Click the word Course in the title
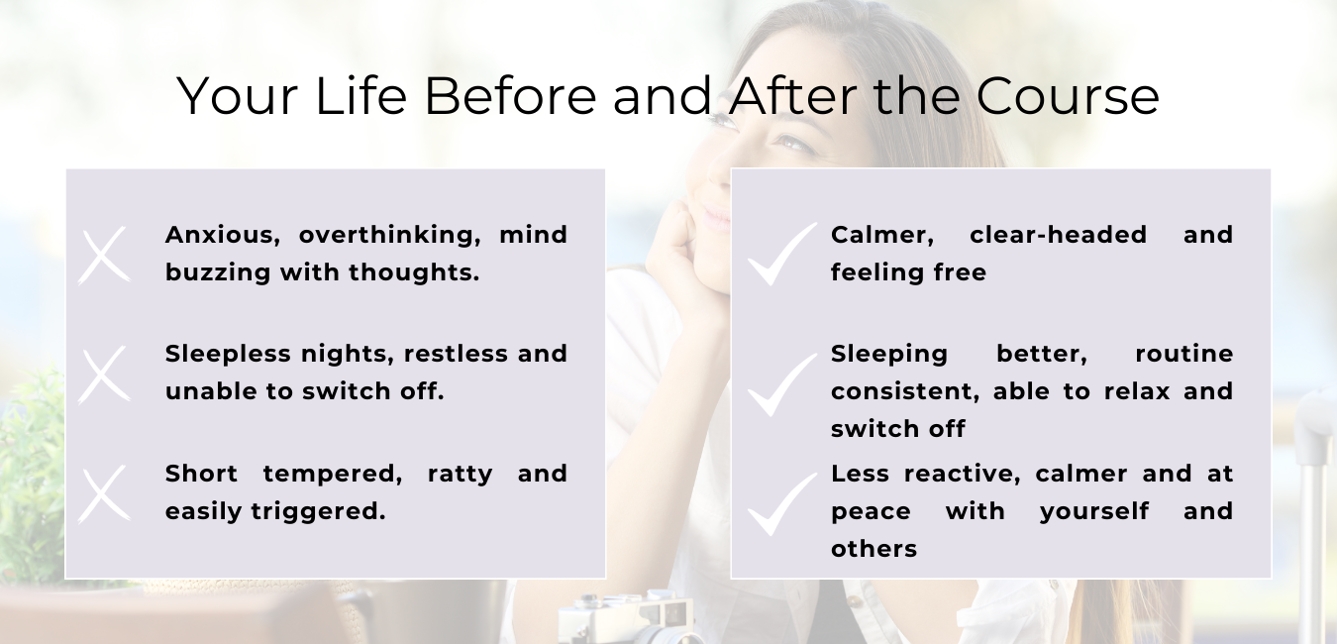tap(1068, 96)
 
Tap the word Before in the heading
tap(510, 96)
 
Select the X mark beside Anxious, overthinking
tap(104, 255)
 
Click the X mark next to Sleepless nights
tap(104, 375)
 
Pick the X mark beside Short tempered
tap(104, 493)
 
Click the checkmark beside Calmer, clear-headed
tap(782, 254)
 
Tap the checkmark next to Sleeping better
tap(782, 384)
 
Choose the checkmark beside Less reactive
tap(782, 503)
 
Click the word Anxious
tap(223, 235)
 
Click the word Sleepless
tap(228, 354)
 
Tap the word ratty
tap(461, 475)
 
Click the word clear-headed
tap(1059, 235)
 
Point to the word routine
tap(1183, 354)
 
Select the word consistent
tap(905, 391)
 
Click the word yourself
tap(1094, 511)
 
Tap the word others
tap(874, 549)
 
